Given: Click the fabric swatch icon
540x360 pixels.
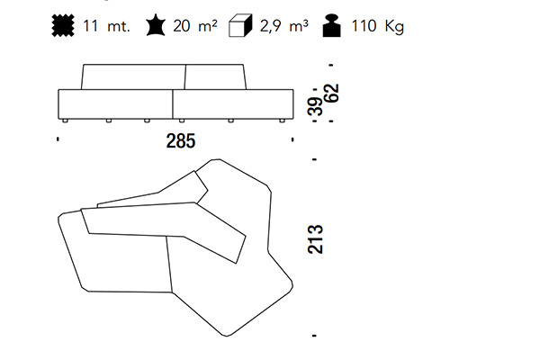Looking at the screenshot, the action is (x=63, y=25).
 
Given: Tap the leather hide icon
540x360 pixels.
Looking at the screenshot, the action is (x=156, y=25).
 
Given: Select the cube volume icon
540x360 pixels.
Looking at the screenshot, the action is (x=240, y=25).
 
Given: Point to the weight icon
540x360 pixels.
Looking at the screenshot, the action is (x=331, y=25).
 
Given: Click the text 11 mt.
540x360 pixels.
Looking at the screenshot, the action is (x=106, y=26).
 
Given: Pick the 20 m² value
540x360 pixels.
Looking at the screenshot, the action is (x=195, y=26).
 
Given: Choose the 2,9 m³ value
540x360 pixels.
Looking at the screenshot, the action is (x=283, y=26).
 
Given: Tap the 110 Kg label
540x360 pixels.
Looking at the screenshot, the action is (x=377, y=26).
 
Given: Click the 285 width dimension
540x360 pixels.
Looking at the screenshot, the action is (x=181, y=141).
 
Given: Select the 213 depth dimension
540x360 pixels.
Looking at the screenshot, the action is (x=315, y=239).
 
